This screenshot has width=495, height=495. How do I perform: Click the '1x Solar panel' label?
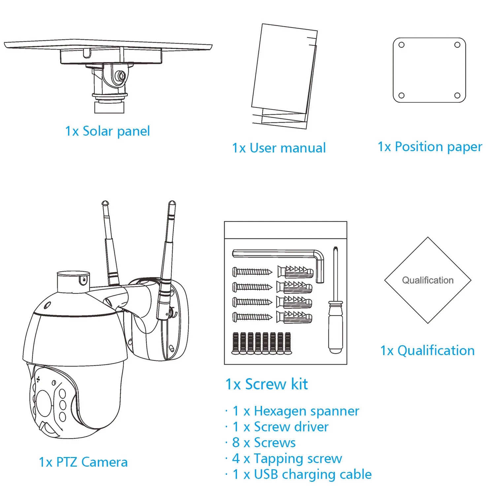(x=107, y=131)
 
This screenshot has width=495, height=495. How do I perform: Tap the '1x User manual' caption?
(x=279, y=148)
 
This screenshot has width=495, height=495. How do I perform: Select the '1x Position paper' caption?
(x=430, y=147)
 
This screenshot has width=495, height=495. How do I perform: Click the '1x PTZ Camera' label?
(x=83, y=462)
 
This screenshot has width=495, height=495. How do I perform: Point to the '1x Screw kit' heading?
(x=267, y=384)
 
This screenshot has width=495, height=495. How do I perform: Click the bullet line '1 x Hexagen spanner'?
(x=296, y=411)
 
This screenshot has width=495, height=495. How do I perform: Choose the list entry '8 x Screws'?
(x=264, y=443)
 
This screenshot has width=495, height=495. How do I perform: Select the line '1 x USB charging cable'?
(x=302, y=474)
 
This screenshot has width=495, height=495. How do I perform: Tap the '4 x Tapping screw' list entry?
(x=287, y=458)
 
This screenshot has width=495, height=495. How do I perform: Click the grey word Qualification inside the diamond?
(x=428, y=280)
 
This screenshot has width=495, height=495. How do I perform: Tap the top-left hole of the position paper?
(x=402, y=45)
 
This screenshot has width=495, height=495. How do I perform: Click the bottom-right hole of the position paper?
(x=457, y=96)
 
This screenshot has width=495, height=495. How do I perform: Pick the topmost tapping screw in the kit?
(x=252, y=272)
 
